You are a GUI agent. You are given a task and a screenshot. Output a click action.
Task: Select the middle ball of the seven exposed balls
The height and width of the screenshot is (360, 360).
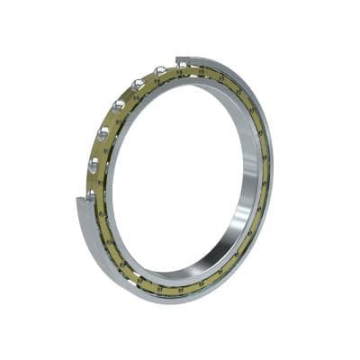pyautogui.click(x=118, y=105)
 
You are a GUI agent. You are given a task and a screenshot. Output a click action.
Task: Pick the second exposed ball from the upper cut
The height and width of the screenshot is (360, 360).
pyautogui.click(x=159, y=71)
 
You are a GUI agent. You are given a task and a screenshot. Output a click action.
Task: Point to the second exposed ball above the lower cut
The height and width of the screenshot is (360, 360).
pyautogui.click(x=93, y=165)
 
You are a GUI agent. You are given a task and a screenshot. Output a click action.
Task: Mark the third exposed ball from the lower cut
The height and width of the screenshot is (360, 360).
pyautogui.click(x=102, y=134)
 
